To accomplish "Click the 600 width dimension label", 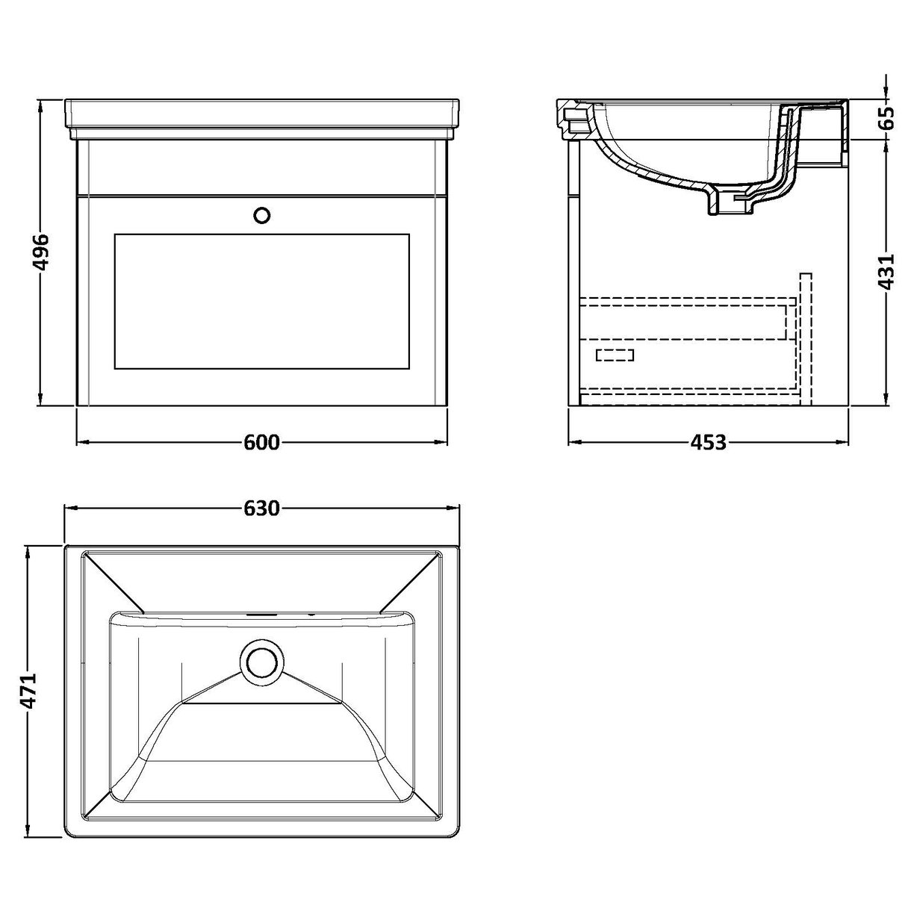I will click(x=261, y=443).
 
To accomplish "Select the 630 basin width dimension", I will click(x=261, y=509).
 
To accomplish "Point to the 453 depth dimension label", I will click(x=708, y=443).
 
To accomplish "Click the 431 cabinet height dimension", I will click(x=886, y=272).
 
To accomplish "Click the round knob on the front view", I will click(x=261, y=215).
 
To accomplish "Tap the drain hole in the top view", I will click(x=261, y=661).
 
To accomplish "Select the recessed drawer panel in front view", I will click(x=261, y=301).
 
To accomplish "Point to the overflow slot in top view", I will click(x=261, y=615).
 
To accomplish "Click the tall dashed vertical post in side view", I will click(x=805, y=336).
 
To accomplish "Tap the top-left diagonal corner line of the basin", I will click(x=112, y=581).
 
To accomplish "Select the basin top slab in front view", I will click(x=261, y=114).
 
